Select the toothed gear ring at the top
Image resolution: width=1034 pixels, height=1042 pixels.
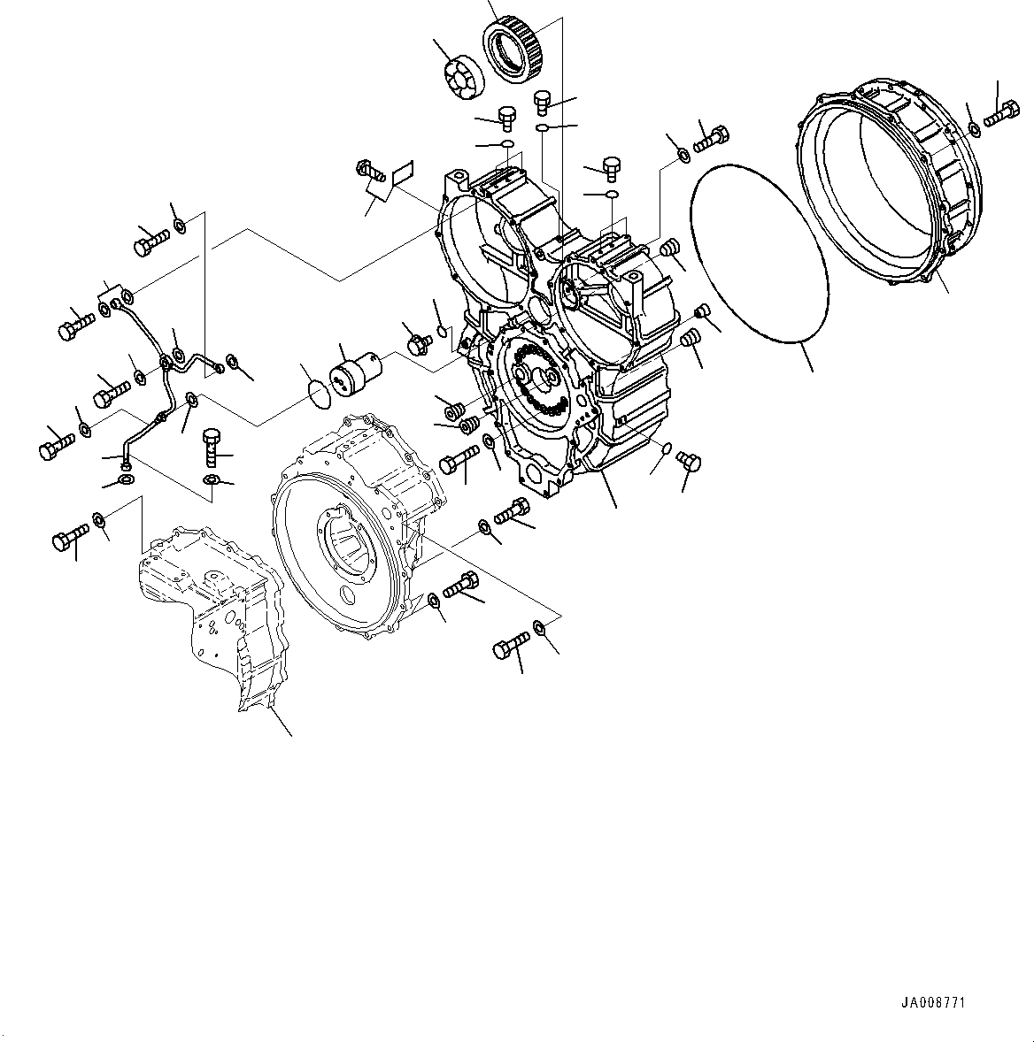(511, 51)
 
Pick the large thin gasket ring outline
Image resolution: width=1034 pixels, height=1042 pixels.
(758, 251)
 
